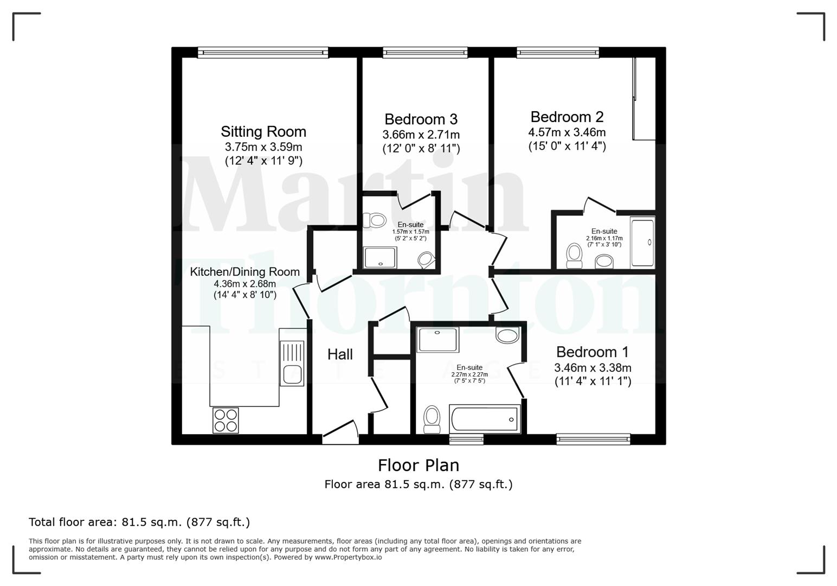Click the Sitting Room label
(x=263, y=132)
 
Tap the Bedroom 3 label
(x=421, y=119)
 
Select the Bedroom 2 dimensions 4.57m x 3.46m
(x=567, y=132)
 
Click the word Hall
(x=340, y=354)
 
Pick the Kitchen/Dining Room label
(x=244, y=272)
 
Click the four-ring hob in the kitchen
(x=226, y=420)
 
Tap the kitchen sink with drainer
(x=292, y=356)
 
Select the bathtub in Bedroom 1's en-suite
(x=485, y=419)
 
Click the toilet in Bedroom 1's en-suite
(x=432, y=419)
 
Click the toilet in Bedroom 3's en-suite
(x=374, y=220)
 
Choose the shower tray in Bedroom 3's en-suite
(x=381, y=257)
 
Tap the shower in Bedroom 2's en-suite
(x=642, y=242)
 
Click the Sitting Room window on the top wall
(x=263, y=52)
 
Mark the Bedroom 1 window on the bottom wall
(x=593, y=439)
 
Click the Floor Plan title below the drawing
(x=419, y=466)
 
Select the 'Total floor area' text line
(x=139, y=523)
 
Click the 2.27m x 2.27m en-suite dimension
(x=469, y=374)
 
